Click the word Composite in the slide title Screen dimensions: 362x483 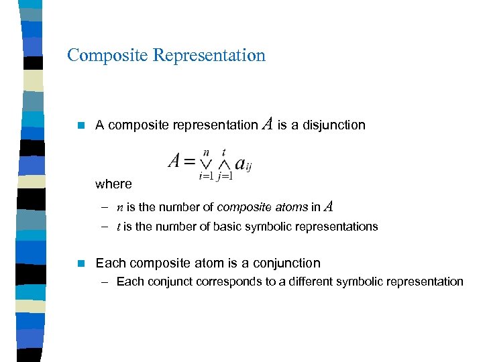[107, 55]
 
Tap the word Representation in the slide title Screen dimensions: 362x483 [209, 55]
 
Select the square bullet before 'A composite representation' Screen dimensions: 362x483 [80, 125]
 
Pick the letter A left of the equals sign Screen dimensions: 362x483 [174, 161]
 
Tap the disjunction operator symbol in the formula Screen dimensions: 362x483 [206, 164]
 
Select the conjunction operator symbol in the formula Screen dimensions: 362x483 [224, 164]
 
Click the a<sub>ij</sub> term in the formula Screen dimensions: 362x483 [243, 164]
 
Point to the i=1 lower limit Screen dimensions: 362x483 [206, 176]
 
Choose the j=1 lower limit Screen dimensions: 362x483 [225, 176]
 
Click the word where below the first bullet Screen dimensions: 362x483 [113, 184]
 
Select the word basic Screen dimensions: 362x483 [227, 227]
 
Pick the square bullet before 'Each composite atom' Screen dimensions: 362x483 [80, 263]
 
